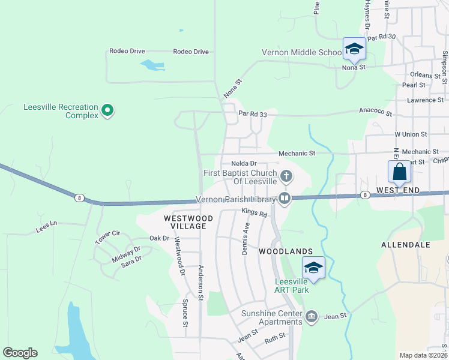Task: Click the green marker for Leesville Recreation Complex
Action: pos(107,110)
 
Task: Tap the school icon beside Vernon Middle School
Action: pos(354,49)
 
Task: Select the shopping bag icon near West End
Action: pos(400,172)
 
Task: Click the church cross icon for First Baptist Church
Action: pos(287,176)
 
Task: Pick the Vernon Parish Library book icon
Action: pos(285,198)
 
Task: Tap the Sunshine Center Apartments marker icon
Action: pos(311,316)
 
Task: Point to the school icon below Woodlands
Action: pos(313,268)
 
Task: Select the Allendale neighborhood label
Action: pos(406,245)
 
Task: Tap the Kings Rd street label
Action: pos(254,211)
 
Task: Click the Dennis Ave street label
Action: pos(246,238)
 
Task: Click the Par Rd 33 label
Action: pos(252,113)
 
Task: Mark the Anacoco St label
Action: pos(375,112)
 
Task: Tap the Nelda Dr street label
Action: pos(244,163)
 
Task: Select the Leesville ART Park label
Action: pos(292,286)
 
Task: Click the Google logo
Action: pos(20,353)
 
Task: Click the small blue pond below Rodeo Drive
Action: pos(152,65)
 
